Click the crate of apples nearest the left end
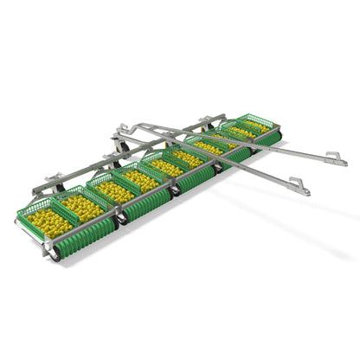[x=48, y=221]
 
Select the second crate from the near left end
[x=82, y=206]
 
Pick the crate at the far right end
[x=256, y=125]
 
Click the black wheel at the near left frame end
[x=54, y=254]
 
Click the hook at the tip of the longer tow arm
[x=337, y=158]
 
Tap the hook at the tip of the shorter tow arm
[x=298, y=185]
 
